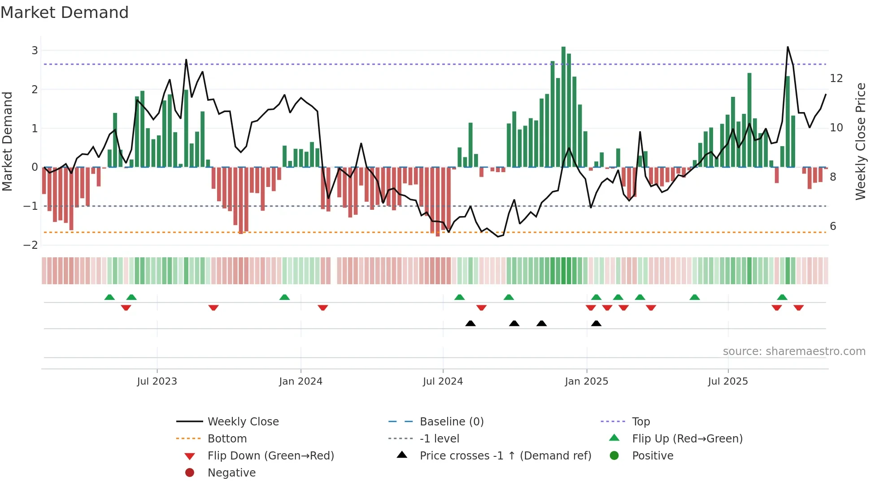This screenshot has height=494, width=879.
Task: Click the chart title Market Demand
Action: (x=65, y=13)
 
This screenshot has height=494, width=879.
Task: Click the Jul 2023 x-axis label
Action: (x=157, y=381)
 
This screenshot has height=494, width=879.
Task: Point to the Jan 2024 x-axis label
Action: (x=300, y=381)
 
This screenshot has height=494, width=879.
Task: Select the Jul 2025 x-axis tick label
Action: (x=728, y=381)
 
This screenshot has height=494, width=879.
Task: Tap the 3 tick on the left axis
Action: (x=35, y=51)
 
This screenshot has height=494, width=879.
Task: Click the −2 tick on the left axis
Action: (x=31, y=245)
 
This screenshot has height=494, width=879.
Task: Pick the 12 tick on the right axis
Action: (x=836, y=78)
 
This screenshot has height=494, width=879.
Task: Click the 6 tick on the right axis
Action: (x=833, y=226)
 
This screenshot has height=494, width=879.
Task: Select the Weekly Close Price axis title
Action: (x=860, y=141)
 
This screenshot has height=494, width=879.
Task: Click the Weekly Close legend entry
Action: (x=243, y=422)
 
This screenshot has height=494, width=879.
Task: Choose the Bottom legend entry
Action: (x=227, y=439)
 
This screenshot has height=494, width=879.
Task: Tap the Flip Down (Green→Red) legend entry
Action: (x=270, y=456)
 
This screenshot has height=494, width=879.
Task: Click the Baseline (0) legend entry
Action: (x=452, y=422)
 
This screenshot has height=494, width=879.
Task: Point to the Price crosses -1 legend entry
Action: (x=505, y=456)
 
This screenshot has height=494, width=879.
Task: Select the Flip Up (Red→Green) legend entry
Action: (x=687, y=439)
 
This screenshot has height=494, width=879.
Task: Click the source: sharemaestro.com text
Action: (x=794, y=351)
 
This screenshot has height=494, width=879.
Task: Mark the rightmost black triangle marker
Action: (x=596, y=323)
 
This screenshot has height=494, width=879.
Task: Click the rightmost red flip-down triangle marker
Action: (x=798, y=308)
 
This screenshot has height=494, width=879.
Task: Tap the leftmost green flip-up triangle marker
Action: (x=109, y=297)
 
